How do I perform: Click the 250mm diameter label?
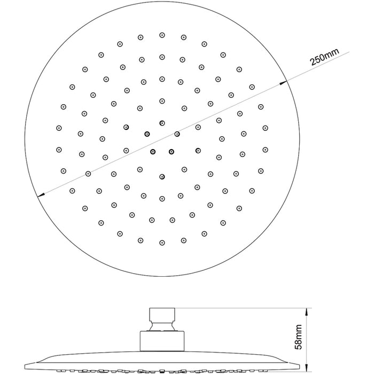point(324,57)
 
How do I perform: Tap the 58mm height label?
point(298,337)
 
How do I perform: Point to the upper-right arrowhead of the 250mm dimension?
point(284,82)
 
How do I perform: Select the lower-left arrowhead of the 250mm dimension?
point(42,195)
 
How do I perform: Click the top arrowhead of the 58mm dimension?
point(306,311)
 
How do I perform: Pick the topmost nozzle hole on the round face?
point(162,35)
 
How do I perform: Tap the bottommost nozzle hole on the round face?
point(162,243)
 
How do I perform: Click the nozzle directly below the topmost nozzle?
point(162,57)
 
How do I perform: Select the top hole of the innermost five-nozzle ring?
point(162,123)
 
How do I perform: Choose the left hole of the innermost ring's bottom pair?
point(153,151)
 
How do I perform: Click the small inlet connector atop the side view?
point(162,314)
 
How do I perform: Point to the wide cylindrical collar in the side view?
point(162,341)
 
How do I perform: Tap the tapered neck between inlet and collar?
point(162,326)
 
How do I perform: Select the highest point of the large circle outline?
point(162,2)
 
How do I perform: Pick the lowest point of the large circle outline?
point(162,276)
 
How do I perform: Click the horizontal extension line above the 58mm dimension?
point(243,308)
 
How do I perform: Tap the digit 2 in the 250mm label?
point(313,62)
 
